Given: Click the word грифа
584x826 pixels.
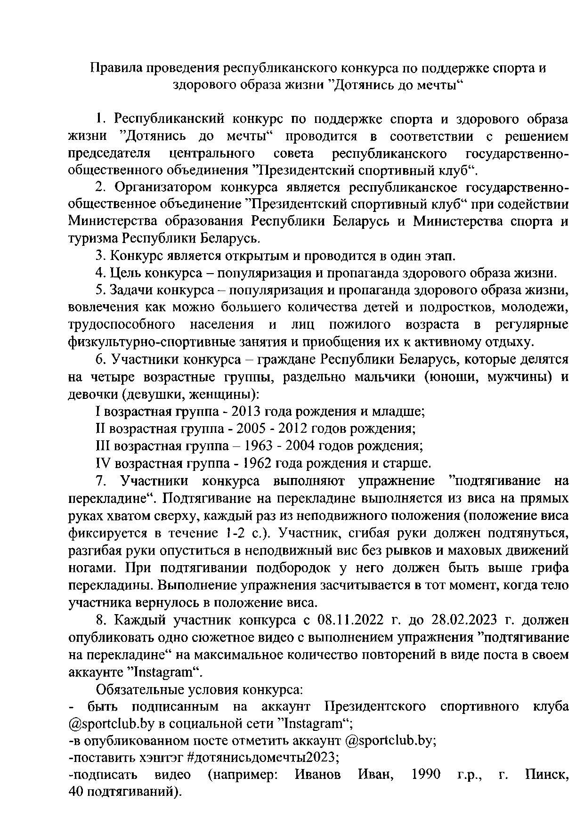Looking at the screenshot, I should tap(549, 568).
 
